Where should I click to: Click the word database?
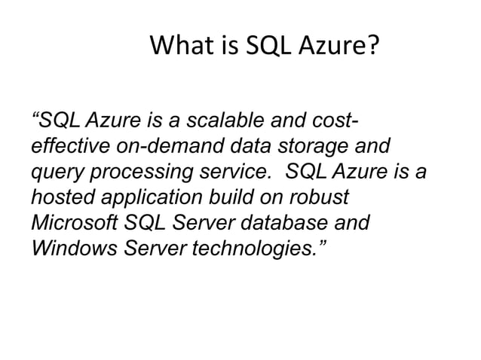[289, 224]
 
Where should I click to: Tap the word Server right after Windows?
[154, 249]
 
